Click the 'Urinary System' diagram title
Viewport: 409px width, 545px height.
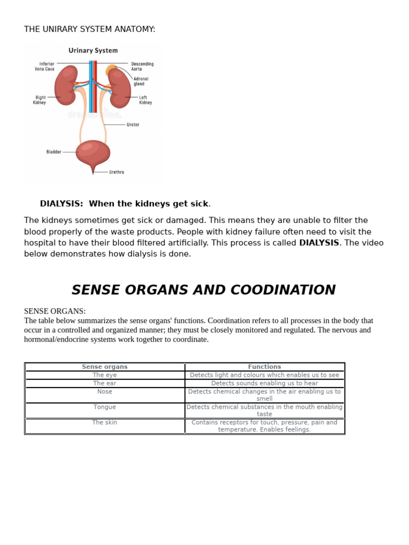pos(93,51)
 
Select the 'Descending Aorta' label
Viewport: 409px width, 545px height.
pos(142,67)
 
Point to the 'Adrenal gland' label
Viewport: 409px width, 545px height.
pos(141,81)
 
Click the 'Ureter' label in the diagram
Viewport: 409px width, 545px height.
pos(133,125)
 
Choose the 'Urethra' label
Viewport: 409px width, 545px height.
pos(117,172)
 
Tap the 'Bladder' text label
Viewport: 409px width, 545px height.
pos(54,152)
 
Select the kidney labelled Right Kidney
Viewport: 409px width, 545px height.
pos(66,85)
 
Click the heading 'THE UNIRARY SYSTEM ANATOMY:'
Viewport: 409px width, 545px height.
pos(89,29)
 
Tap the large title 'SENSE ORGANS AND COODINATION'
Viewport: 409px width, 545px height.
pos(203,290)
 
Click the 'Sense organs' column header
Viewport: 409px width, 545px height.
pos(104,367)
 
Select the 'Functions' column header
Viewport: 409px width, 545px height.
pos(264,367)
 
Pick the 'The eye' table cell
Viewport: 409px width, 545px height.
pos(104,375)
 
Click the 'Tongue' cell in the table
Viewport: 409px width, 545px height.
pos(104,407)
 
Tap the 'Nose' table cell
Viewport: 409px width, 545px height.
pos(104,392)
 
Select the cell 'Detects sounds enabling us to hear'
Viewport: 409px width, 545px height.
pos(264,383)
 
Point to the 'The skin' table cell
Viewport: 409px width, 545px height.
pos(104,423)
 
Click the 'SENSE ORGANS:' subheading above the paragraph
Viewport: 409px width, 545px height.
pos(55,311)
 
